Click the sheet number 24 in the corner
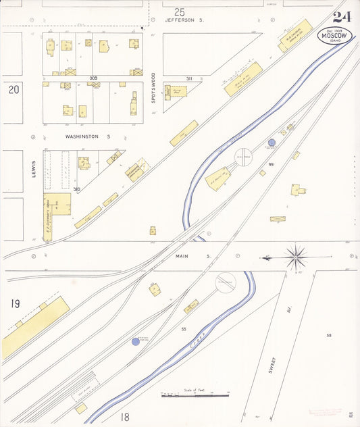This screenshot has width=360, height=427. pos(341,18)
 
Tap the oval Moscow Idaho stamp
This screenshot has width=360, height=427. pos(334,35)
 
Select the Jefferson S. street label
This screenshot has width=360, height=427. pos(184,21)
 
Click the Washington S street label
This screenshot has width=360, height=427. pos(87,136)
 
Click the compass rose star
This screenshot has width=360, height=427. pos(295,257)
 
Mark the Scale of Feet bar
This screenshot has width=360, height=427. pos(195,395)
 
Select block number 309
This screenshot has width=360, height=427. pos(93,78)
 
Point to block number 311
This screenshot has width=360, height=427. pos(190,79)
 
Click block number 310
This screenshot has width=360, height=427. pos(77,189)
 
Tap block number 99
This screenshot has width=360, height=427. pos(270,165)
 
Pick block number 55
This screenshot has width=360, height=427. pos(183,328)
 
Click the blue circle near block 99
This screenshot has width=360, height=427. pos(272,143)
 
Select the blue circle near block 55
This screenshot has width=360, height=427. pos(135,342)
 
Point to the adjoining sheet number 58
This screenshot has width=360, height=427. pos(329,335)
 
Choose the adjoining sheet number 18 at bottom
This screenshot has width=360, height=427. pos(125,417)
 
